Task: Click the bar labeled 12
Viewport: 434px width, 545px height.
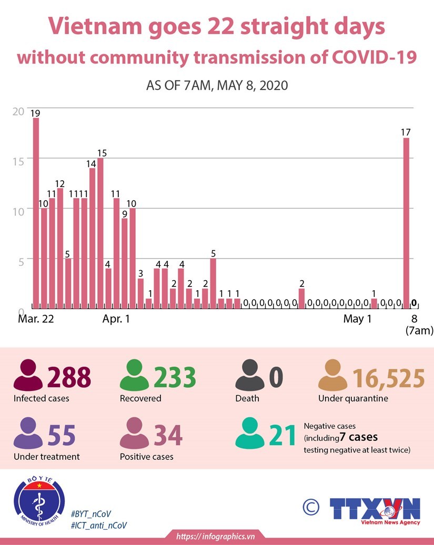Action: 60,248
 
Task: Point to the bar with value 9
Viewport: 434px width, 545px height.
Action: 125,263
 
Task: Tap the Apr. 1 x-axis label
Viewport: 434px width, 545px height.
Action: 116,318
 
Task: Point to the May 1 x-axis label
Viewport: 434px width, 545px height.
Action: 358,318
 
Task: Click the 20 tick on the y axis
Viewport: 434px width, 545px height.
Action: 18,111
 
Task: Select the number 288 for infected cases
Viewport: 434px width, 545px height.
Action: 69,377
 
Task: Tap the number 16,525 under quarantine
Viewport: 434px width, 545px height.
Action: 388,377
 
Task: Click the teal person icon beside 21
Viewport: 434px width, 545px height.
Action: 250,434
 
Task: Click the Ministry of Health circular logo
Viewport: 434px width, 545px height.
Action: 39,502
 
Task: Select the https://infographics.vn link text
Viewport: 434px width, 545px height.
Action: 216,536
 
